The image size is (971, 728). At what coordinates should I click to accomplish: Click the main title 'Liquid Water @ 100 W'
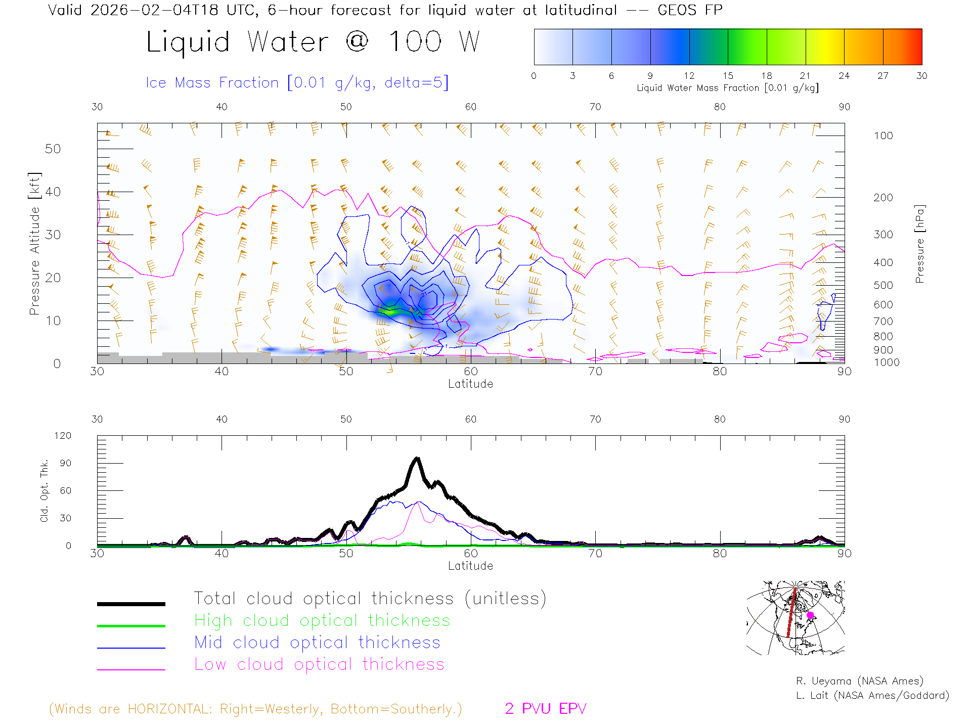click(313, 41)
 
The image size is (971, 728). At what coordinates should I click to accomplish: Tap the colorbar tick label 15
click(728, 76)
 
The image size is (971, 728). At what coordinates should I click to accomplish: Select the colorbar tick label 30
click(921, 76)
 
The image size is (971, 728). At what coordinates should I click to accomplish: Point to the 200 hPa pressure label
click(883, 198)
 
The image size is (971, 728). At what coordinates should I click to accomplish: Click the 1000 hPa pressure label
click(886, 362)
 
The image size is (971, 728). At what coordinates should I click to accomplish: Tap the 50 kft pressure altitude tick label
click(53, 149)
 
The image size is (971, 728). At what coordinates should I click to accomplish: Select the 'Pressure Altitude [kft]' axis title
click(34, 244)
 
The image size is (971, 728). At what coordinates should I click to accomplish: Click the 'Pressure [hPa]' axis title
click(919, 244)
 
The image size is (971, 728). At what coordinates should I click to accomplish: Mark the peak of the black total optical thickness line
click(417, 459)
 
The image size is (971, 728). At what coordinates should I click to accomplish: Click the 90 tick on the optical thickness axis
click(65, 463)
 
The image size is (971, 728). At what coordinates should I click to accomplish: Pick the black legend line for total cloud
click(131, 604)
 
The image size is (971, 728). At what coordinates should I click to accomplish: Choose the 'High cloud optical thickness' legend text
click(322, 620)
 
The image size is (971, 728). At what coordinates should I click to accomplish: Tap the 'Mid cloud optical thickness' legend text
click(317, 643)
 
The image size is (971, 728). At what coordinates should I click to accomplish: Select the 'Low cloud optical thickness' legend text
click(319, 664)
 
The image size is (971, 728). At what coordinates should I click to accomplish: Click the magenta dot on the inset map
click(810, 615)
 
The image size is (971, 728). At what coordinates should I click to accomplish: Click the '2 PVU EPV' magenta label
click(545, 709)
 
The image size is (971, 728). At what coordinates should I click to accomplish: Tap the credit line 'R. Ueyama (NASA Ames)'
click(859, 681)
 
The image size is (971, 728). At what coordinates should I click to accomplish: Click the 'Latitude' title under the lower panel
click(470, 566)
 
